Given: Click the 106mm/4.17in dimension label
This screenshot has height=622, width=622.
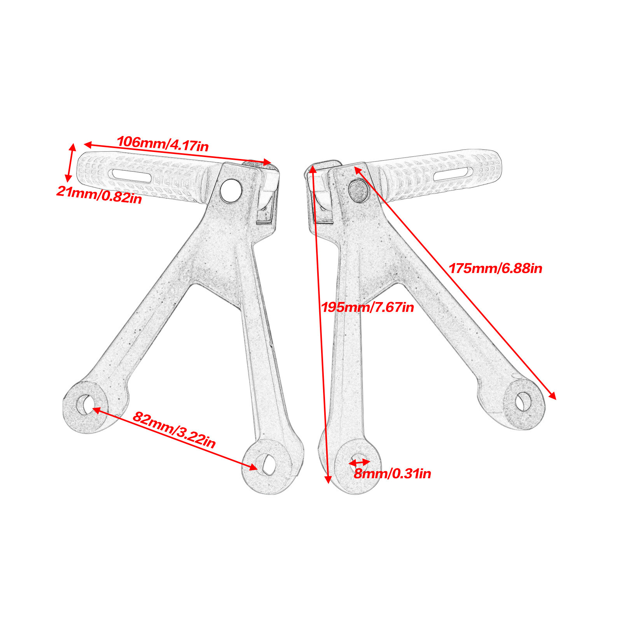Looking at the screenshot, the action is pos(162,144).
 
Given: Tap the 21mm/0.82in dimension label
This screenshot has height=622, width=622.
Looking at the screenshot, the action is pos(99,194).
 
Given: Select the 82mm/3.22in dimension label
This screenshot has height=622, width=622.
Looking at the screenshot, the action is pos(174,430).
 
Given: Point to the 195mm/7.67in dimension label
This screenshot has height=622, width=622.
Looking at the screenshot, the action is pos(367,308).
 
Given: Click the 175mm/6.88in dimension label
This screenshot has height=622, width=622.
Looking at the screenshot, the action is pos(495,269).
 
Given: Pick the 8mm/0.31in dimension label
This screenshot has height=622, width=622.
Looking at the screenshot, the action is pos(392,473).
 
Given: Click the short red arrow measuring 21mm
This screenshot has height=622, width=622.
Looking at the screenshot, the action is pos(70,162).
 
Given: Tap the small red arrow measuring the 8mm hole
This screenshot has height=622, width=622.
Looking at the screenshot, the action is pos(359,463).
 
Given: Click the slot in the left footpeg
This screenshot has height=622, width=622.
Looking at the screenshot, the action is pos(132,175).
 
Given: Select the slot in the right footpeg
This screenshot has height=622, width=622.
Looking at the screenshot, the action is pos(453,174).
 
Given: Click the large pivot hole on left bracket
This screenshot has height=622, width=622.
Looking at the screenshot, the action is pos(231,190).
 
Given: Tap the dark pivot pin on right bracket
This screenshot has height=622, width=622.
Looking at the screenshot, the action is pos(358,190).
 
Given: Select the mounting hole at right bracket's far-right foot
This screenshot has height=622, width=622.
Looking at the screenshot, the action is pos(523,402).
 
